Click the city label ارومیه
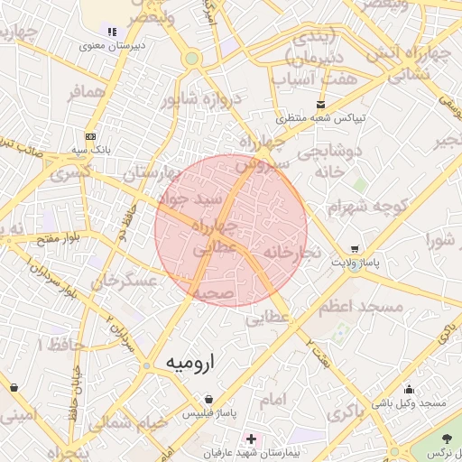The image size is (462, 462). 192,362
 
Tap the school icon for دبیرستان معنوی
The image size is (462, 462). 112,32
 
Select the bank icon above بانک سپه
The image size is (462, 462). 89,136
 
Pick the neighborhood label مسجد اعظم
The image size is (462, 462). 360,307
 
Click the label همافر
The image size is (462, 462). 87,93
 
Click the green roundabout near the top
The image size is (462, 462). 191,59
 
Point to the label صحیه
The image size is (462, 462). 213,293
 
